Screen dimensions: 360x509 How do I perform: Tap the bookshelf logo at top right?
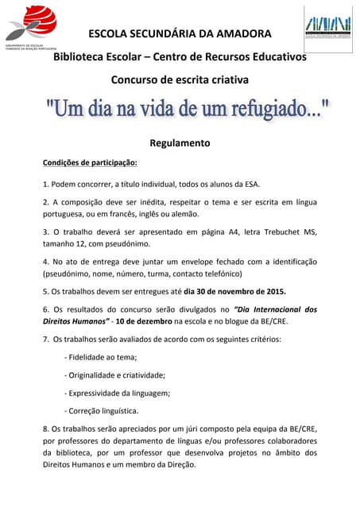pos(327,25)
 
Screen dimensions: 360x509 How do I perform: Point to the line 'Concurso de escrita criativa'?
pos(179,80)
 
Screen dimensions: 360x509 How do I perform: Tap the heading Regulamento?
pos(180,144)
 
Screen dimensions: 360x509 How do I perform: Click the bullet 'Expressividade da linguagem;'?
pos(119,393)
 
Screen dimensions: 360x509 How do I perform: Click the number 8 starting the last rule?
pos(45,429)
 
